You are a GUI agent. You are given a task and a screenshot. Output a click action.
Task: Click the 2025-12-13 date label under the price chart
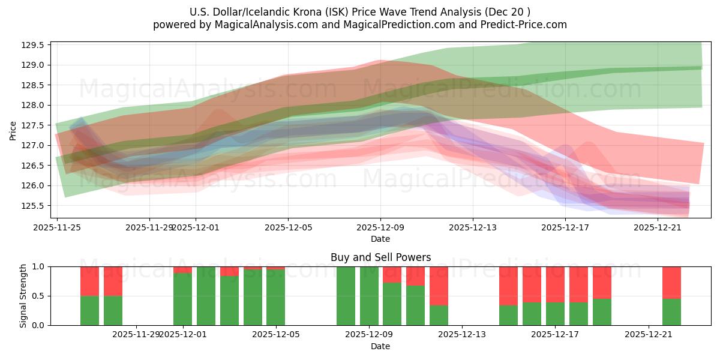pyautogui.click(x=473, y=227)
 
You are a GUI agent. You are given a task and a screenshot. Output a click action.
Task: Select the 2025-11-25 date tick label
pyautogui.click(x=57, y=227)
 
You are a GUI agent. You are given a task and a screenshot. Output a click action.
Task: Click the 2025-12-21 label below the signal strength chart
pyautogui.click(x=649, y=335)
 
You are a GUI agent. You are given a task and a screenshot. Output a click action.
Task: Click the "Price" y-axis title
pyautogui.click(x=13, y=130)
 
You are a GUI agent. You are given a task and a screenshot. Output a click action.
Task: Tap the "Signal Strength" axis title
pyautogui.click(x=23, y=296)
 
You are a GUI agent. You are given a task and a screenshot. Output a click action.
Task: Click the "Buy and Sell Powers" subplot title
pyautogui.click(x=380, y=257)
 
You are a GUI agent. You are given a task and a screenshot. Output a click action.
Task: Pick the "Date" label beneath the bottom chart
pyautogui.click(x=380, y=346)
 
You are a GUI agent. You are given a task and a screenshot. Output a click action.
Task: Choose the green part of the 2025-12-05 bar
pyautogui.click(x=275, y=298)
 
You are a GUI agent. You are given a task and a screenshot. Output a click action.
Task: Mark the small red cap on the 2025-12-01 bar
pyautogui.click(x=182, y=269)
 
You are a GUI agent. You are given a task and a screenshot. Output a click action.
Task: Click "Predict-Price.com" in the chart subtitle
pyautogui.click(x=526, y=25)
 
